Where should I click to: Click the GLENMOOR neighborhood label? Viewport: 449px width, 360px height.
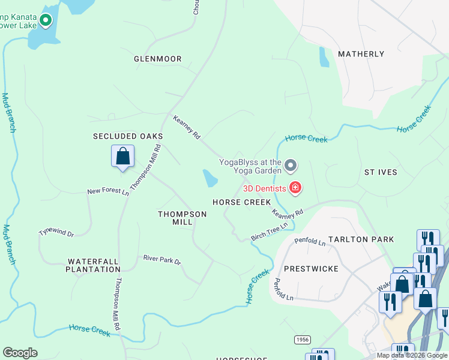point(157,59)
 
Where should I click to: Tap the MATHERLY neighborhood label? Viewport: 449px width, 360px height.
point(361,54)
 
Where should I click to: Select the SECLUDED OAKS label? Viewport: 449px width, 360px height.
point(128,136)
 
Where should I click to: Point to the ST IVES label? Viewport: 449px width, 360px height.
point(381,172)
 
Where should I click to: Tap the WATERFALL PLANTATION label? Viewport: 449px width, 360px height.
point(94,265)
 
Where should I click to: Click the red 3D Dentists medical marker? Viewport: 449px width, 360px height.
point(295,188)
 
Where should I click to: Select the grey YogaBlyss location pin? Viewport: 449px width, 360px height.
point(291,164)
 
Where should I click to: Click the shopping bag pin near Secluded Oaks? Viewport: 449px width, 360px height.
point(122,157)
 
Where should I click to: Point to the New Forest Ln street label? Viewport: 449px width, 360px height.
point(108,192)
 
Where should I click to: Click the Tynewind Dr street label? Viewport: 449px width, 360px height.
point(56,232)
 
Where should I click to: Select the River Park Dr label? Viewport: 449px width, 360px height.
point(161,260)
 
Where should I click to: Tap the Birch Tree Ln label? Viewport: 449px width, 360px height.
point(270,231)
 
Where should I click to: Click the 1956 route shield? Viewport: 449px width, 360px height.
point(303,340)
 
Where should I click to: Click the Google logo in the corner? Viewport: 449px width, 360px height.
point(20,353)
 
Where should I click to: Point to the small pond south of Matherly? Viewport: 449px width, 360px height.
point(324,57)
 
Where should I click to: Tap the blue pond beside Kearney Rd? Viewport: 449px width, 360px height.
point(210,178)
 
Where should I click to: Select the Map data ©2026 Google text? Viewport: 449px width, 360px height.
point(412,355)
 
